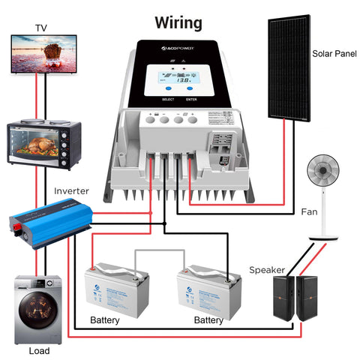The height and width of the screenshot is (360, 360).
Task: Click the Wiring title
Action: [178, 22]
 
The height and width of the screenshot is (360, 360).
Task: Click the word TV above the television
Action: [40, 28]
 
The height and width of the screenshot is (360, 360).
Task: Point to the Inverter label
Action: [71, 192]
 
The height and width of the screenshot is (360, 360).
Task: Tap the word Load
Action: [39, 351]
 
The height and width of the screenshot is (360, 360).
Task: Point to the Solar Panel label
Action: [333, 54]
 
